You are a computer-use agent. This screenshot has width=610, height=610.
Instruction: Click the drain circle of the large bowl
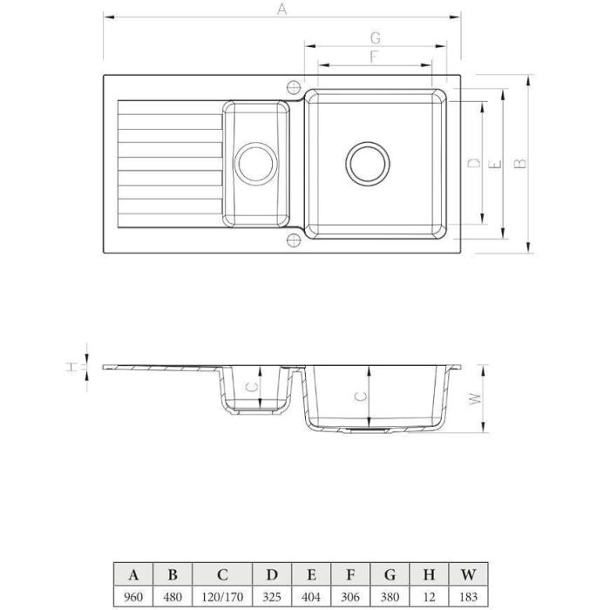click(368, 142)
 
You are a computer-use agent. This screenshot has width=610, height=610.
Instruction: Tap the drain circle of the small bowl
click(256, 144)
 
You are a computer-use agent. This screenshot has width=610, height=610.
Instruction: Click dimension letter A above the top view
click(282, 9)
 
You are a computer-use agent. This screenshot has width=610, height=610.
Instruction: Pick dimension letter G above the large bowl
click(376, 38)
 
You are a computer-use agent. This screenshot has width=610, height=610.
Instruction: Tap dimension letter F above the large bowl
click(374, 57)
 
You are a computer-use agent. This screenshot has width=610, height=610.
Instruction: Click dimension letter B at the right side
click(520, 164)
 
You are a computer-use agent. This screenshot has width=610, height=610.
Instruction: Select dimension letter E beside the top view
click(495, 165)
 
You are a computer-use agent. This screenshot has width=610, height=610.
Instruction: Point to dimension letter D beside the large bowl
click(474, 163)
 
